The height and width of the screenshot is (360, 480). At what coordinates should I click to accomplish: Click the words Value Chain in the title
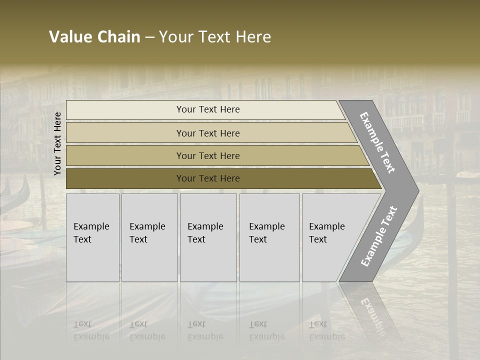pyautogui.click(x=94, y=37)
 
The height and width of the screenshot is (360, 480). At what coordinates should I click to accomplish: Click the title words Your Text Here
pyautogui.click(x=215, y=37)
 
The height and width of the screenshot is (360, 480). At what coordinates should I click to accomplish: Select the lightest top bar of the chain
pyautogui.click(x=125, y=109)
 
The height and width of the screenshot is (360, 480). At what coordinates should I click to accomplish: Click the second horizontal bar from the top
pyautogui.click(x=125, y=133)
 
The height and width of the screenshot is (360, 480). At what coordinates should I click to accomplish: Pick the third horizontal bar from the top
pyautogui.click(x=125, y=155)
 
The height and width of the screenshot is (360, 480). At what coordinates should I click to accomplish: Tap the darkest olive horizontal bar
pyautogui.click(x=125, y=178)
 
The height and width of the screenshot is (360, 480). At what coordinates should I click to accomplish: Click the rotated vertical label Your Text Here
pyautogui.click(x=57, y=143)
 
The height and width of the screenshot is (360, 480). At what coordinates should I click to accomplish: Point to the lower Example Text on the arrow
pyautogui.click(x=379, y=236)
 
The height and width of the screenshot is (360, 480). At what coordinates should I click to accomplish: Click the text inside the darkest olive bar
pyautogui.click(x=208, y=178)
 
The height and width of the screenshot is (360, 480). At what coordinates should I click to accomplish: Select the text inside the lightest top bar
pyautogui.click(x=208, y=109)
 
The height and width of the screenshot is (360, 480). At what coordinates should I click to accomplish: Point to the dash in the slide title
pyautogui.click(x=149, y=37)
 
